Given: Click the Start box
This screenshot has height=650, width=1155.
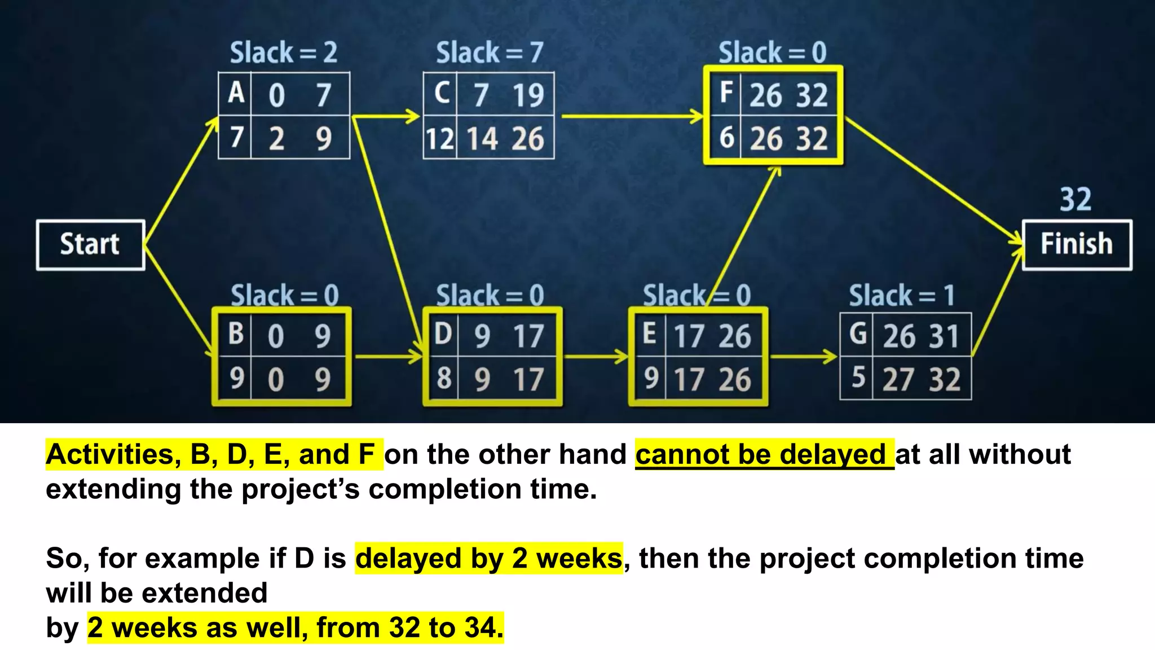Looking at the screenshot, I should point(90,245).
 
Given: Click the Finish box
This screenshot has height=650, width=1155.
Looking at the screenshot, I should point(1077,245).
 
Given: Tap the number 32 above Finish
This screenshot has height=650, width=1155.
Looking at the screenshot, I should point(1075,200).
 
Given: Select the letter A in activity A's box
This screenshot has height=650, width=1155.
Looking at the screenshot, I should point(236,93).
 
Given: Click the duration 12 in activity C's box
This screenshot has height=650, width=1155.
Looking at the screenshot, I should point(439,139).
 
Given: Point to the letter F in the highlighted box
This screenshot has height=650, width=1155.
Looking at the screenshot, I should point(726,93).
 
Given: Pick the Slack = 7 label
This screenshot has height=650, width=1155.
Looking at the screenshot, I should point(490,53).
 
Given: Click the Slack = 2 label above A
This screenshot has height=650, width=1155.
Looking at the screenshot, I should point(284,53).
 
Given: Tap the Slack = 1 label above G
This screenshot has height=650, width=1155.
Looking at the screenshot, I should point(902,296).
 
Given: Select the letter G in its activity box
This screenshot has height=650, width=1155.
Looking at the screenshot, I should point(858,334).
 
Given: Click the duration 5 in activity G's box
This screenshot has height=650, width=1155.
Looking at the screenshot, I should point(858,378).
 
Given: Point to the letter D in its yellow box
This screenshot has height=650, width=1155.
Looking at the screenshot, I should point(443,334).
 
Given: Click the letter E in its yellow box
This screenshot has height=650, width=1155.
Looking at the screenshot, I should point(649,334).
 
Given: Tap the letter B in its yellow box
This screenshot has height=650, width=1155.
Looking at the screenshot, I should point(236,334).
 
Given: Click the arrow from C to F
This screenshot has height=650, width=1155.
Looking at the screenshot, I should point(632,117).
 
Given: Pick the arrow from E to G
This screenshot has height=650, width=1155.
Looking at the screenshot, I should point(803,357).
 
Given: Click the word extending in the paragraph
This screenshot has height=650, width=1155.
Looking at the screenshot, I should point(113,489).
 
